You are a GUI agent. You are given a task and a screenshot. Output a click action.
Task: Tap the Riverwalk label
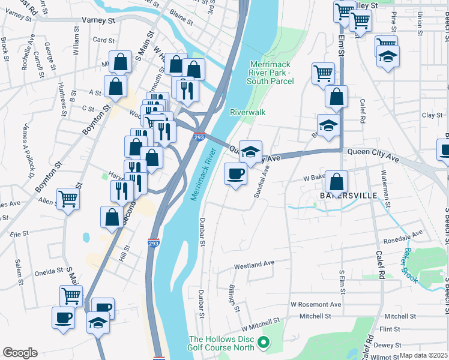point(247,112)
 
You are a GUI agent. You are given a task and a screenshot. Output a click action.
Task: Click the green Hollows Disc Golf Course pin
point(262,343)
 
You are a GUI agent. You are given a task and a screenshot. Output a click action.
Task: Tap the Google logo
point(20,352)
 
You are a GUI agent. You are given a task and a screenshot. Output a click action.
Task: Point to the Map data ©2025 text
point(424,355)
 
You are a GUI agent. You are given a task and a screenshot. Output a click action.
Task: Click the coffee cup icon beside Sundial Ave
point(235,174)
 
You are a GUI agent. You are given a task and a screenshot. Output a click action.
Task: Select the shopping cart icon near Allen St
point(68,198)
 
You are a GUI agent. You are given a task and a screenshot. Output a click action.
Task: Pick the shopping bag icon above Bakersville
point(338,181)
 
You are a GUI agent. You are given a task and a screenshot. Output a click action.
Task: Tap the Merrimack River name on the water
point(202,179)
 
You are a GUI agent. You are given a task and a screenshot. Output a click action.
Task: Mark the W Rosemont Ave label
point(316,305)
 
